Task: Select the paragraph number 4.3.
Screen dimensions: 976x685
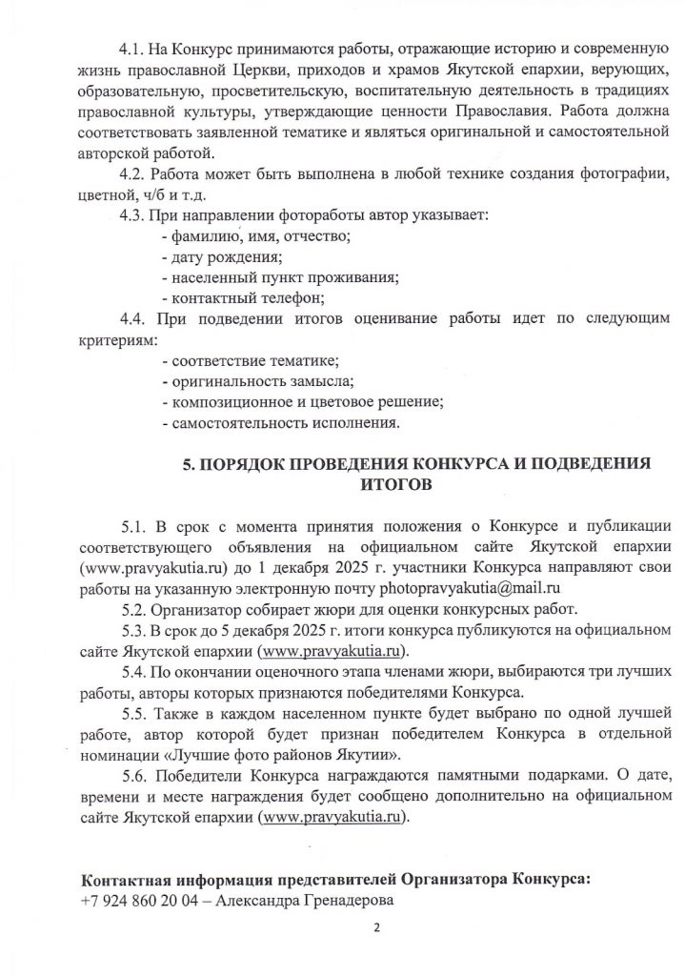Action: click(x=131, y=215)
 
